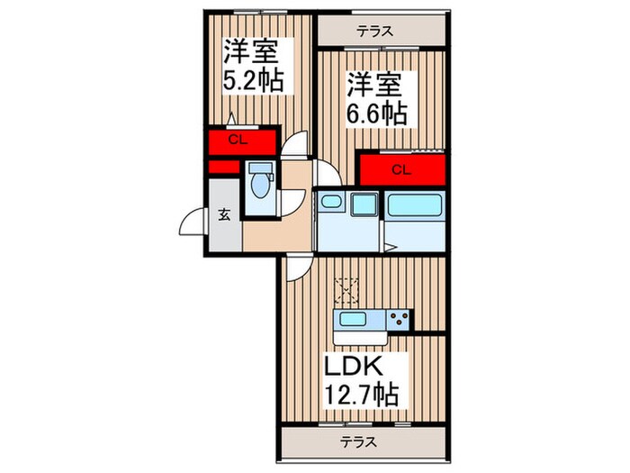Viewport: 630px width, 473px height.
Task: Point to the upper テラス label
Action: coord(373,32)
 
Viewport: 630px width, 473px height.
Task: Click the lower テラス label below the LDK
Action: coord(359,442)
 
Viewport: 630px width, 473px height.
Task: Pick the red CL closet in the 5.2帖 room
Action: coord(239,140)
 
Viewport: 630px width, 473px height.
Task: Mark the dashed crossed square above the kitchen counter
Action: coord(346,290)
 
